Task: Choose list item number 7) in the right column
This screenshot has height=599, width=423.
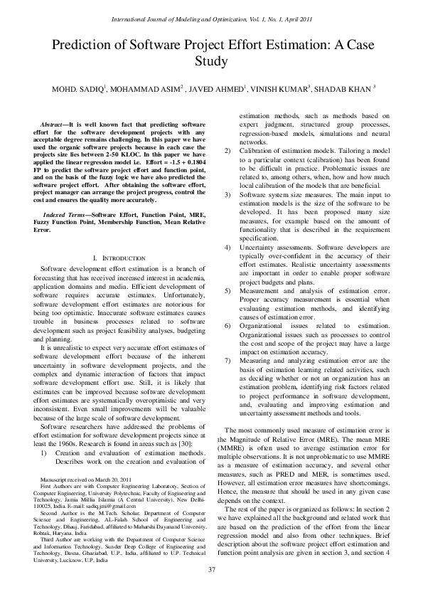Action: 227,361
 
